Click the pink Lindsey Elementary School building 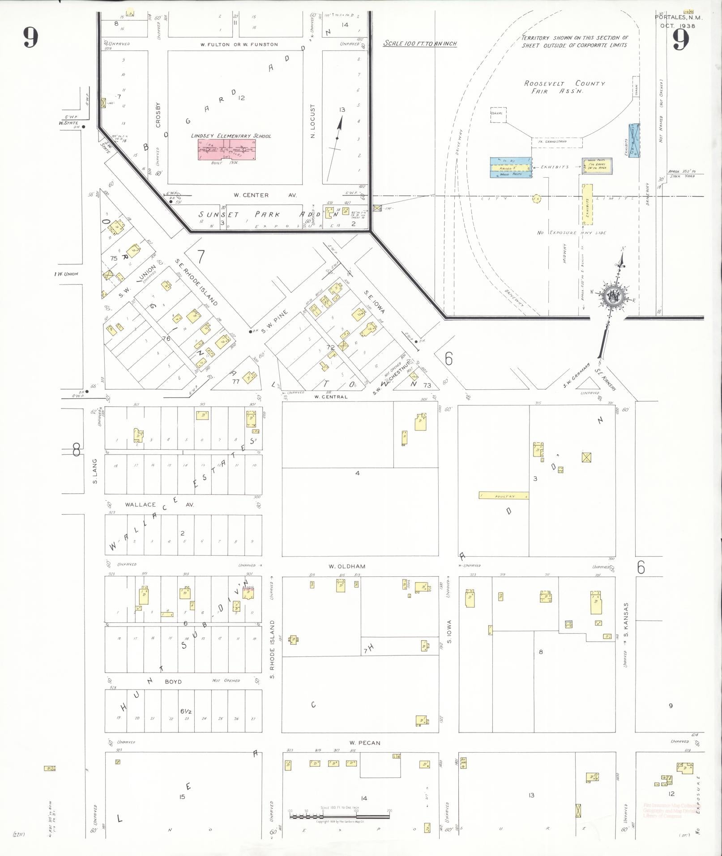(227, 150)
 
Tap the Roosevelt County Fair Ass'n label (564, 87)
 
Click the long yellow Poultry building (504, 496)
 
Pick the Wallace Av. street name (159, 504)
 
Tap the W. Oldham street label (347, 566)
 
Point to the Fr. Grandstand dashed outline (557, 142)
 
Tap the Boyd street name (173, 681)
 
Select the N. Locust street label (313, 121)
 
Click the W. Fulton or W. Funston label (239, 44)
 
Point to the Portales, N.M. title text (679, 17)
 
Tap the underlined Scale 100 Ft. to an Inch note (420, 43)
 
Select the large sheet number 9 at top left (30, 37)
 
